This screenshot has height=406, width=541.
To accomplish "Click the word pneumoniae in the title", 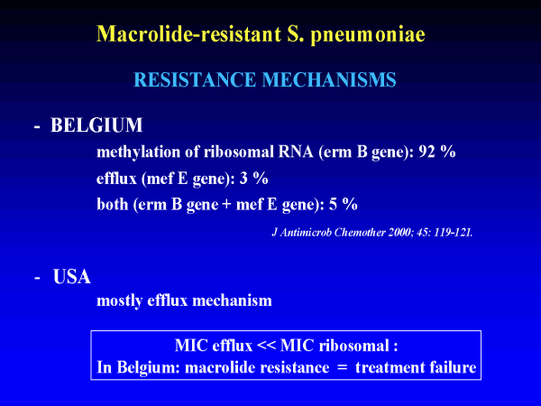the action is coord(368,35).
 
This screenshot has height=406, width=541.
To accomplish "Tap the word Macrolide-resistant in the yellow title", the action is coord(188,33).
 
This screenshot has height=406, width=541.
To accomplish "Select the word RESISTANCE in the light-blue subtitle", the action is coord(195,79).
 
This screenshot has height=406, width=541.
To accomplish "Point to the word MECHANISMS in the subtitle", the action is coord(329,79).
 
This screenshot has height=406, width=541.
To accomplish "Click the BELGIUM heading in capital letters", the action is coord(96,125).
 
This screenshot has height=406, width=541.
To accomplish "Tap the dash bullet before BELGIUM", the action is coord(37,127).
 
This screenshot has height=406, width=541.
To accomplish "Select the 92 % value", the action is coord(437,152).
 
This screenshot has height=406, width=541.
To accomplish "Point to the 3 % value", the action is coord(254,178).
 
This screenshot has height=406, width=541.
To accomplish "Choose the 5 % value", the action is coord(343,204).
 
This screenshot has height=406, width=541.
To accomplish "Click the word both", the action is coord(113,204).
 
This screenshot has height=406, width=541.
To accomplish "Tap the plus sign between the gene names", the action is coord(226,205).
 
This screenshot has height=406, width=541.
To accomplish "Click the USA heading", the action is coord(72,277).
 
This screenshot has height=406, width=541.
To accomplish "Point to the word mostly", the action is coord(120,301).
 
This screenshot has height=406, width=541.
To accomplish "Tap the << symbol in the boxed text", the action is coord(266,346).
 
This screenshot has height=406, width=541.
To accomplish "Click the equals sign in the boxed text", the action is coord(342,367).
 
